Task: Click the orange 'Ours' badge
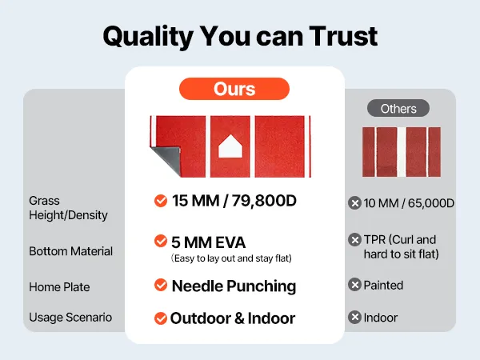click(x=234, y=89)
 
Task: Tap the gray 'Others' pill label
click(x=398, y=108)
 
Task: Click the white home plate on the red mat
click(x=230, y=146)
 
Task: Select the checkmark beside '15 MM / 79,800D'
click(x=161, y=201)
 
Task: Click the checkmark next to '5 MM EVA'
click(x=161, y=241)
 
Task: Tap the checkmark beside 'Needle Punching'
click(x=161, y=285)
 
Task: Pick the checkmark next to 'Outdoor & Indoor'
click(x=161, y=318)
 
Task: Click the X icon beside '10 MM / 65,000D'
click(x=354, y=203)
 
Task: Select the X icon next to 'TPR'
click(x=354, y=240)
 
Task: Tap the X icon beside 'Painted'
click(x=354, y=285)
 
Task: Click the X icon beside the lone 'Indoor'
click(x=354, y=317)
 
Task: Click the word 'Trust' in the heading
click(x=343, y=36)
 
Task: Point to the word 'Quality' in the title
click(x=148, y=38)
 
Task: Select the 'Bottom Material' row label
click(x=70, y=251)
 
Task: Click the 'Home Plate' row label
click(x=59, y=287)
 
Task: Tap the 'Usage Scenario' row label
click(x=70, y=318)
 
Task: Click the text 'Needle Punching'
click(x=234, y=286)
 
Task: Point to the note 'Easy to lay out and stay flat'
click(x=231, y=258)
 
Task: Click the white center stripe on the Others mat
click(x=402, y=152)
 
